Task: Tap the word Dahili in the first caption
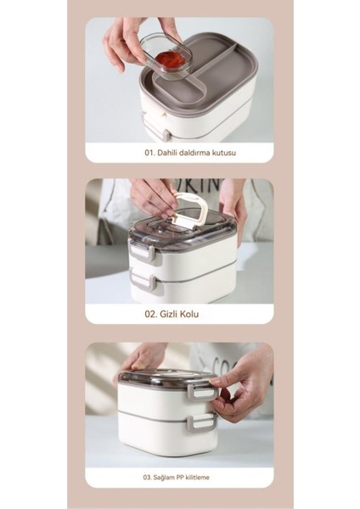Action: click(x=166, y=153)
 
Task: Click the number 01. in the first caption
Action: click(x=149, y=153)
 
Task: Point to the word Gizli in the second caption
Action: click(x=169, y=314)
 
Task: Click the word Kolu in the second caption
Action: click(x=189, y=314)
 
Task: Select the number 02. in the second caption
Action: click(x=151, y=314)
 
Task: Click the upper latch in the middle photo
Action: click(x=143, y=250)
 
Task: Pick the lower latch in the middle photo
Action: click(x=143, y=281)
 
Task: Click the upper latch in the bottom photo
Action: click(x=202, y=389)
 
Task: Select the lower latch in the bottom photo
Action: click(x=202, y=422)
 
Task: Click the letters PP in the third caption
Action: click(x=180, y=478)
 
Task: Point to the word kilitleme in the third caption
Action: click(x=198, y=478)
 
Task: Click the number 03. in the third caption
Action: click(x=147, y=478)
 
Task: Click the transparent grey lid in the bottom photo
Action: click(x=166, y=378)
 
